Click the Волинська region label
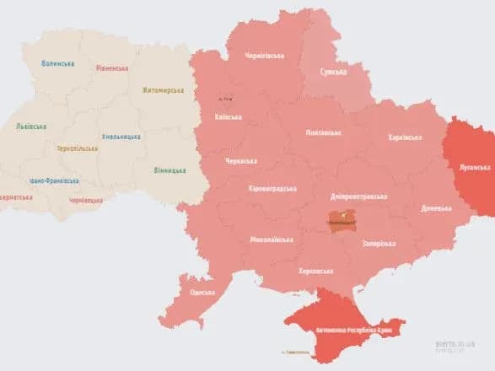click(x=58, y=63)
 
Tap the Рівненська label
click(x=111, y=67)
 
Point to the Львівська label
click(x=31, y=126)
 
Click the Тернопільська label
click(x=77, y=148)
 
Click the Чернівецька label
click(x=85, y=201)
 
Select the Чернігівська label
click(x=264, y=56)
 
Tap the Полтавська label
click(x=323, y=132)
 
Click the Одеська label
click(x=202, y=293)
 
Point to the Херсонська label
click(x=315, y=271)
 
